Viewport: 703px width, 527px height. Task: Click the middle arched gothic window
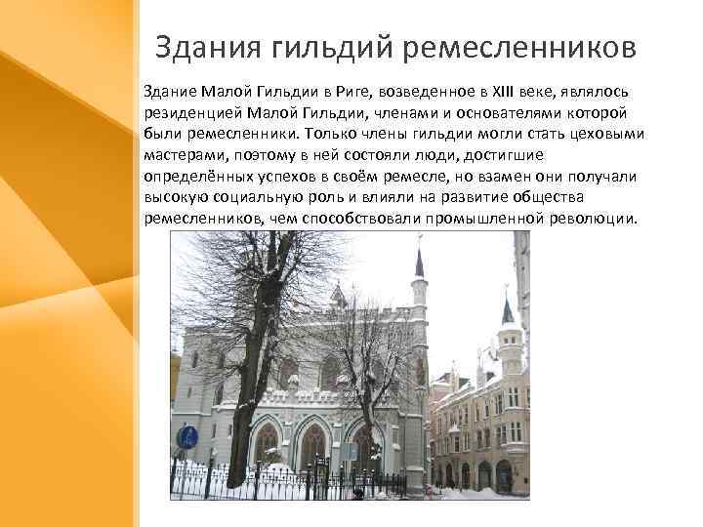tap(313, 444)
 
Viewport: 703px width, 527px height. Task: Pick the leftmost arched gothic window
tap(266, 442)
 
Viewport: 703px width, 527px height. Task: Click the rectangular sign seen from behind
tap(349, 451)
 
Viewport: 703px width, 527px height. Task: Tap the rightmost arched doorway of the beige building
tap(504, 476)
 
